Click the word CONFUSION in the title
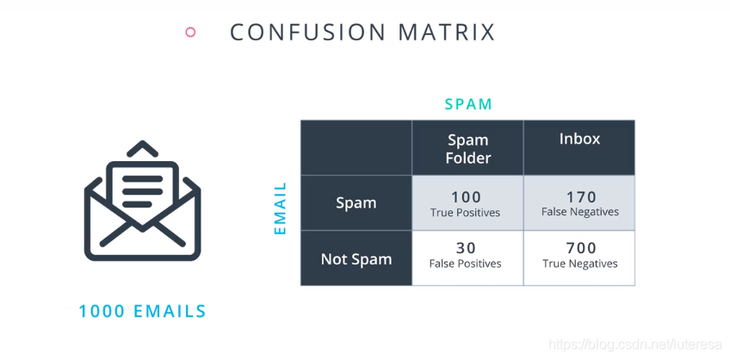(x=307, y=32)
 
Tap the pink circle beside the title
(x=190, y=32)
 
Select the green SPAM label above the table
(x=468, y=104)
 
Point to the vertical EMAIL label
(x=281, y=208)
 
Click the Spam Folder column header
(x=468, y=148)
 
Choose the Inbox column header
(x=579, y=139)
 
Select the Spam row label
(x=356, y=203)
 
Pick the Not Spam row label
(x=356, y=259)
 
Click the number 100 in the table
(x=466, y=196)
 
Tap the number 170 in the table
(x=580, y=196)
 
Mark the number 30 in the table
(x=466, y=248)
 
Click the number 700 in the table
(x=580, y=248)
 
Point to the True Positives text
(x=465, y=213)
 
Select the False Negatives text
(x=580, y=212)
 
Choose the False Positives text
(x=465, y=264)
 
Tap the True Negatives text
(x=580, y=264)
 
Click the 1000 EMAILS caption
(x=142, y=311)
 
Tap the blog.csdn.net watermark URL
(x=634, y=344)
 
